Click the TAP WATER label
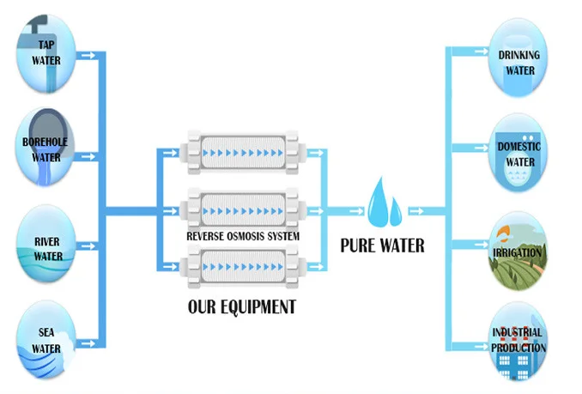(x=45, y=54)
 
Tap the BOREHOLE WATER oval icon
(x=45, y=150)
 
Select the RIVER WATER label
(x=48, y=249)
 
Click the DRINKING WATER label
(x=519, y=62)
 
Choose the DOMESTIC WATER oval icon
(x=518, y=154)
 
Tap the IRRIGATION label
(x=518, y=252)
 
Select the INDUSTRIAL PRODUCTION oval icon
(x=518, y=340)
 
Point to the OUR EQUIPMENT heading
(x=241, y=306)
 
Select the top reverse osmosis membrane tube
(x=243, y=155)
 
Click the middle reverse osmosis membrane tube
(x=243, y=209)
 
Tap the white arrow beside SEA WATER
(x=86, y=345)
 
